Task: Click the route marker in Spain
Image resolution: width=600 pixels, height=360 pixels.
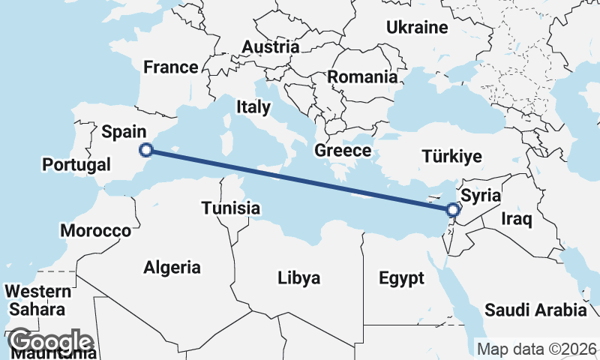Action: pos(147,150)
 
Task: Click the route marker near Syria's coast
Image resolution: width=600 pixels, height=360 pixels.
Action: pos(452,210)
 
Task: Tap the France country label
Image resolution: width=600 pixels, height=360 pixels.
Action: pos(171,67)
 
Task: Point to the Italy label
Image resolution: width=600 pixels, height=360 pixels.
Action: pos(253,107)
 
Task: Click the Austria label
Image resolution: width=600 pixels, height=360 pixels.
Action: pos(270,47)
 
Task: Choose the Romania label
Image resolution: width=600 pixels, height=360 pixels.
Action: pos(362,76)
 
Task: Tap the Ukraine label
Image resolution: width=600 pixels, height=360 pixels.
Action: pos(416,28)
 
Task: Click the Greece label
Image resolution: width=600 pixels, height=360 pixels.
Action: pos(343,151)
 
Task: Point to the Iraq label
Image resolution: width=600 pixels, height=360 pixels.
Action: pos(517,220)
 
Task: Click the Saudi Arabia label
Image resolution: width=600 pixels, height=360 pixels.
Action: pos(535,310)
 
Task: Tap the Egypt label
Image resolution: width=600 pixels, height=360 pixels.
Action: pos(401,278)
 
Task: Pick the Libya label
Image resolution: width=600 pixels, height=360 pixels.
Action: pos(298,278)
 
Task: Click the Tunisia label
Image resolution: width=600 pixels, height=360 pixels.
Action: pos(230,208)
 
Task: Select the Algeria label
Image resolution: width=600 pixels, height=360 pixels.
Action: pos(172,267)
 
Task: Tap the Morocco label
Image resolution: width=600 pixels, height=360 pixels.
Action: pos(96,230)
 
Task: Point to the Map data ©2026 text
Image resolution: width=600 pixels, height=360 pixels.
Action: pos(537,349)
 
